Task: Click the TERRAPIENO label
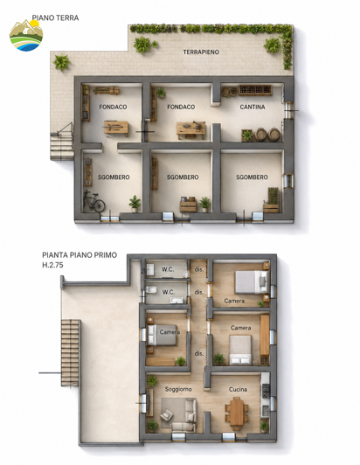coord(201,52)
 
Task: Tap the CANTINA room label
coord(253,107)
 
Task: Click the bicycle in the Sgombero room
coord(93,201)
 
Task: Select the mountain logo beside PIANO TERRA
coord(26,36)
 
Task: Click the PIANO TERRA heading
coord(55,17)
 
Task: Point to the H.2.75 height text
coord(52,265)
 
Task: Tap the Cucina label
coord(238,389)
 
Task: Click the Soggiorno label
coord(178,389)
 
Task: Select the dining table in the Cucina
coord(236,413)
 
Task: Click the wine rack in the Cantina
coord(255,90)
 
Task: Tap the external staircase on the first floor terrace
coord(70,352)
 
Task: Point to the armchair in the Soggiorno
coord(167,414)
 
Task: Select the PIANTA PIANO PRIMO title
coord(80,255)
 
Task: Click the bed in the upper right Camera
coord(252,281)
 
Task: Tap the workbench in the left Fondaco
coord(116,128)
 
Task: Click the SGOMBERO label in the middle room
coord(183,177)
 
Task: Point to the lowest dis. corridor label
coord(199,353)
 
